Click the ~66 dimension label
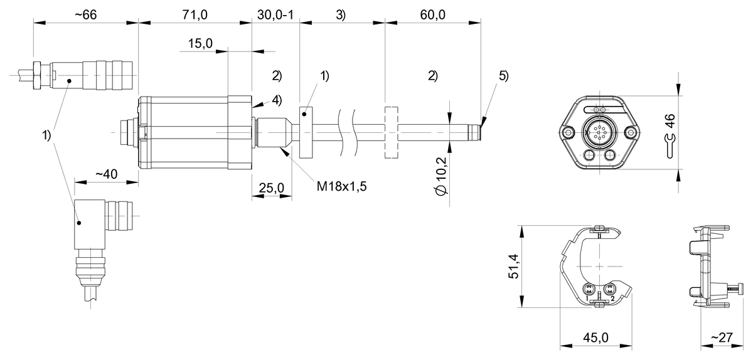(x=85, y=16)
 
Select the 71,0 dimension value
(x=195, y=16)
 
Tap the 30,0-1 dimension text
(x=275, y=16)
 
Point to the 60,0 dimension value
(x=433, y=16)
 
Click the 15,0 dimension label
(x=200, y=43)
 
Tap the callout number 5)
(x=504, y=76)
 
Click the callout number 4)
(x=276, y=99)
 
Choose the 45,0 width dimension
(x=595, y=337)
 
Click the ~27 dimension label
(x=722, y=337)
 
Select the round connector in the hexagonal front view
(x=599, y=132)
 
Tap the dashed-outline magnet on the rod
(x=391, y=134)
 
